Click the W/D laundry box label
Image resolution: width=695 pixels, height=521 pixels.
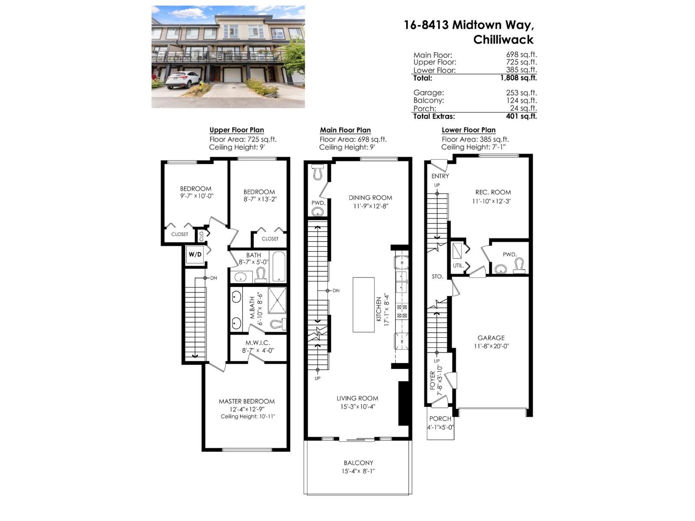[x=195, y=254]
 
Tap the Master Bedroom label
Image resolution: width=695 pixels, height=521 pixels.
[x=247, y=401]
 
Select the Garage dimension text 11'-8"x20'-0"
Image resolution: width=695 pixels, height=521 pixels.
[x=491, y=346]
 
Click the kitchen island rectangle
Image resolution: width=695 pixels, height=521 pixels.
[x=364, y=305]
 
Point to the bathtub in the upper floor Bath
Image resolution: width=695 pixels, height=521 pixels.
[x=278, y=267]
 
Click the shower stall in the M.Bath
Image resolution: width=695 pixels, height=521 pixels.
[x=277, y=300]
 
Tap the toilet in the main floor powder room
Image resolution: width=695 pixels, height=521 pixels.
[x=317, y=172]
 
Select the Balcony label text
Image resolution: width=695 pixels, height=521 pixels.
[x=358, y=463]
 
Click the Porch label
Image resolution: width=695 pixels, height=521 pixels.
[x=440, y=419]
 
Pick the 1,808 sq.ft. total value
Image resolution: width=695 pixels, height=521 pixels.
[x=518, y=78]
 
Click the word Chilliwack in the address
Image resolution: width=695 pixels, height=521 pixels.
[x=503, y=40]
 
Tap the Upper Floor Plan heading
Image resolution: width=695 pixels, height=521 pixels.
[x=236, y=130]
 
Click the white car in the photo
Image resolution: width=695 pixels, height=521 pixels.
[x=182, y=80]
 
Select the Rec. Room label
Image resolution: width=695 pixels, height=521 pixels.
[x=493, y=192]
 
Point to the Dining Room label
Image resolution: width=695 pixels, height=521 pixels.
[x=370, y=198]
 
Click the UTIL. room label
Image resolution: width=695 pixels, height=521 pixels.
[x=458, y=265]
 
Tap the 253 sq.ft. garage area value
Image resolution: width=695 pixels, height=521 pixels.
[x=521, y=92]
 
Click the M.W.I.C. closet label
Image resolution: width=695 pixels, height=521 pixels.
[x=258, y=343]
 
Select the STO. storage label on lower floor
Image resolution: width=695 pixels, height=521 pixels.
[x=437, y=276]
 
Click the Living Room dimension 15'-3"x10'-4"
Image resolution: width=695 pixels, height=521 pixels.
[x=357, y=407]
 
